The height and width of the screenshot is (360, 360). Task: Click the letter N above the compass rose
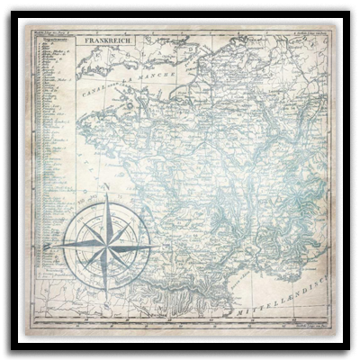(x=106, y=188)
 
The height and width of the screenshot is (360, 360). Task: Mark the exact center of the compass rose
(x=108, y=244)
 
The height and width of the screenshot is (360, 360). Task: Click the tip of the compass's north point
(x=107, y=195)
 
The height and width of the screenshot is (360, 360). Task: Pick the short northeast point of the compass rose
(x=127, y=224)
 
